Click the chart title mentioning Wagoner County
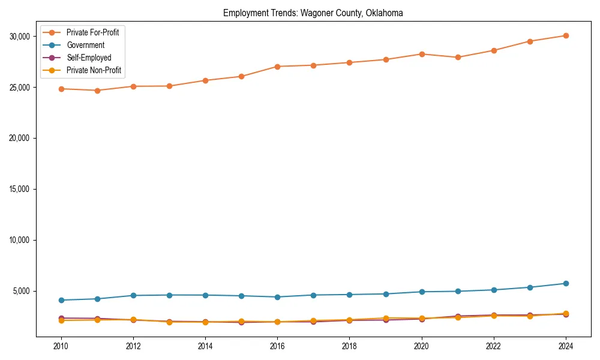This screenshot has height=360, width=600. [313, 13]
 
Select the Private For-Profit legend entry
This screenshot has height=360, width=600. [92, 32]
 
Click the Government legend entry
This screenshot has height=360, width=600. [85, 45]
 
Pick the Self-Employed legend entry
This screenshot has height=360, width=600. [89, 58]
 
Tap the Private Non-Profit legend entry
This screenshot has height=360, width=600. [94, 70]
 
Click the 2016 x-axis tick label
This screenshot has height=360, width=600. [277, 346]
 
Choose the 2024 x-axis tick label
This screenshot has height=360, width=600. [566, 346]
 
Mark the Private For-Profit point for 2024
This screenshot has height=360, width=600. [566, 35]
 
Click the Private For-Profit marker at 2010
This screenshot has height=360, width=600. [61, 89]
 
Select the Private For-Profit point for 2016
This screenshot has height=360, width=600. [277, 67]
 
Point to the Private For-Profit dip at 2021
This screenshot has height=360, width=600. [458, 58]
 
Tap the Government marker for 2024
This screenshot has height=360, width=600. [566, 283]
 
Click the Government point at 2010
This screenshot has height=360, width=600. [61, 300]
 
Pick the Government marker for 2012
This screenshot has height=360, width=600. [133, 295]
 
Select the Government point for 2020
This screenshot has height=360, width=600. [422, 292]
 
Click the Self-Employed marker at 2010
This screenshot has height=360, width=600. [61, 318]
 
